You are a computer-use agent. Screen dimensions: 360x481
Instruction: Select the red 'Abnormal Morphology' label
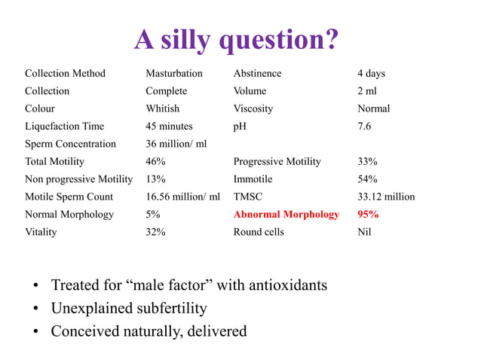click(x=286, y=215)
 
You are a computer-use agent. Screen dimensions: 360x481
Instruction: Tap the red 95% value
click(x=368, y=215)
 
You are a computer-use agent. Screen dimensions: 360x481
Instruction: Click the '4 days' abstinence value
click(x=371, y=74)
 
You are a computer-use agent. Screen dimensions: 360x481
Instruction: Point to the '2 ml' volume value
click(x=367, y=91)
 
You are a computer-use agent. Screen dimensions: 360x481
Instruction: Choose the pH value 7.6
click(x=364, y=127)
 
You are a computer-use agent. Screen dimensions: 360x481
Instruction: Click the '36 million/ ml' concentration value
click(x=176, y=144)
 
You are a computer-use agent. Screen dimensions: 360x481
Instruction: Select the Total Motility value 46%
click(x=156, y=162)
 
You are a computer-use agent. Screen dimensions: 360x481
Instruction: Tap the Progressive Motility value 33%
click(x=367, y=162)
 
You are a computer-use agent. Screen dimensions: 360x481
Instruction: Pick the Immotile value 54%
click(x=367, y=179)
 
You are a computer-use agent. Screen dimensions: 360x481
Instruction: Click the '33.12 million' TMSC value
click(x=386, y=197)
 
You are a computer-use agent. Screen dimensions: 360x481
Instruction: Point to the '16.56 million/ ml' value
click(x=182, y=197)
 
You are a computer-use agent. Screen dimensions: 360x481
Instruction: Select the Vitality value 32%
click(x=155, y=232)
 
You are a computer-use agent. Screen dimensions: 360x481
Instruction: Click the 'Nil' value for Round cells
click(x=364, y=232)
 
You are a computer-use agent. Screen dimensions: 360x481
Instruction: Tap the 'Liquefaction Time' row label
click(x=64, y=127)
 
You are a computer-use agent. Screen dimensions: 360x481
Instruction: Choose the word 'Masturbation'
click(x=174, y=74)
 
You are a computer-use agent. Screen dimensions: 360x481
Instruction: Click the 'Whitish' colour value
click(x=162, y=108)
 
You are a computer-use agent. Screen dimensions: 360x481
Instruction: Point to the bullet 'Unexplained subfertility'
click(x=129, y=309)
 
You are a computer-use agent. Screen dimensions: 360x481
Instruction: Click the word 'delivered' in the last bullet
click(x=215, y=331)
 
